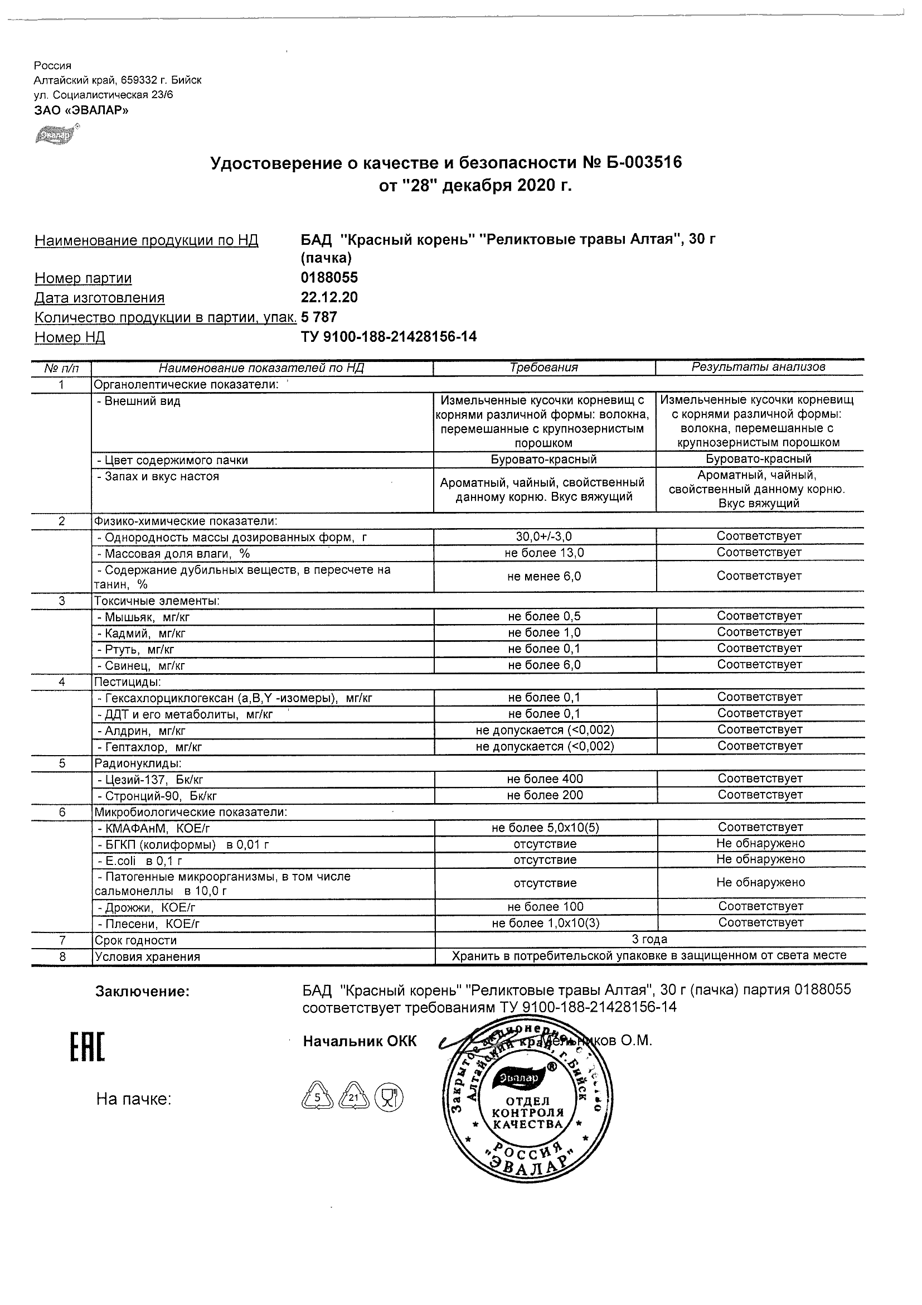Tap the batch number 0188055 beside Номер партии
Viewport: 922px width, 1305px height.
329,278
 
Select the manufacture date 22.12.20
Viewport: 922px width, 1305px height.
329,297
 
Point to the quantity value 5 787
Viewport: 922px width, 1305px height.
319,317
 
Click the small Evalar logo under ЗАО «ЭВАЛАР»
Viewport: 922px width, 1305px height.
56,135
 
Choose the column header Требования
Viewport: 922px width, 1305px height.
544,368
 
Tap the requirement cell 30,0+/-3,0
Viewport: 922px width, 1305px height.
544,536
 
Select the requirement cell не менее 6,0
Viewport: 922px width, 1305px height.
544,576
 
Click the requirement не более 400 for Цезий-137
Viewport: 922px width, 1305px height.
544,779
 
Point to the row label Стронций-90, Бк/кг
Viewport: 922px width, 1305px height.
157,796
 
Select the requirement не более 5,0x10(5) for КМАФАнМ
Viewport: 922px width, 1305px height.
545,828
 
